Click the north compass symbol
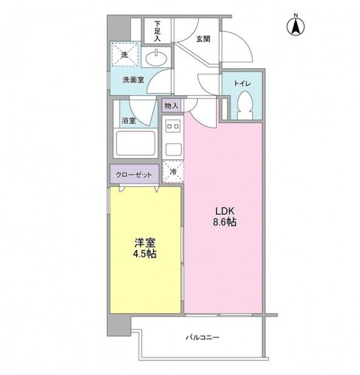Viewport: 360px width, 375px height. pos(296,25)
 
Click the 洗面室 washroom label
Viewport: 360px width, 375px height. pos(132,79)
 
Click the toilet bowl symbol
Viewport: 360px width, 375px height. pos(246,105)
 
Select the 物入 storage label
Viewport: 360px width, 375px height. pos(171,106)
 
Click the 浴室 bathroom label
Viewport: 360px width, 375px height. pos(128,120)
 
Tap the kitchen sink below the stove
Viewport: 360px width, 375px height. pos(173,148)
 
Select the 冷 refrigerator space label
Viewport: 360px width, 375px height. pos(173,172)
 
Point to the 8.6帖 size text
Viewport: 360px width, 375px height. pos(223,222)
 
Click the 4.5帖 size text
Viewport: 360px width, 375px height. pos(144,255)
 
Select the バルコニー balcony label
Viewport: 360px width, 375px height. pos(203,337)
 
